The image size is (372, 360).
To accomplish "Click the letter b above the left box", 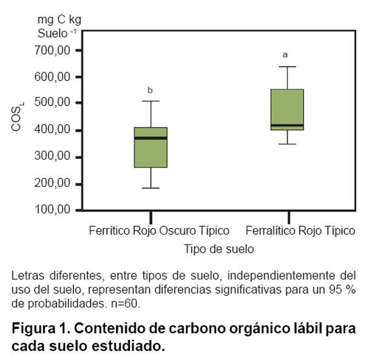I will (x=150, y=91).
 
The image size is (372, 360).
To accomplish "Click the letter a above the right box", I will (x=285, y=55).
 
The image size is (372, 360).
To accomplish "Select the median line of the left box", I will (x=150, y=138).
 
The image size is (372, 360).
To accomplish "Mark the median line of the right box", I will (x=287, y=125).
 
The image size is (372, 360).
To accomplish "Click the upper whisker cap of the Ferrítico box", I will (x=150, y=101).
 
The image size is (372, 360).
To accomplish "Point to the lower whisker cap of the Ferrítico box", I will (x=150, y=188).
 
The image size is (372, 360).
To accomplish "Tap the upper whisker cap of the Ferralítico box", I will (x=287, y=67).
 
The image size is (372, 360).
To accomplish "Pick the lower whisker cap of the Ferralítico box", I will (x=287, y=144).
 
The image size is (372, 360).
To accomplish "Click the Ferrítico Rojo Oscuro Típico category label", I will (x=159, y=231).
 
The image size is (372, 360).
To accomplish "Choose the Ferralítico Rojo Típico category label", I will (x=300, y=231).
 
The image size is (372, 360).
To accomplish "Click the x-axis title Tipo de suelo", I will (x=218, y=249).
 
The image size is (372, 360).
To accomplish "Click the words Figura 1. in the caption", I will (x=37, y=330).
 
